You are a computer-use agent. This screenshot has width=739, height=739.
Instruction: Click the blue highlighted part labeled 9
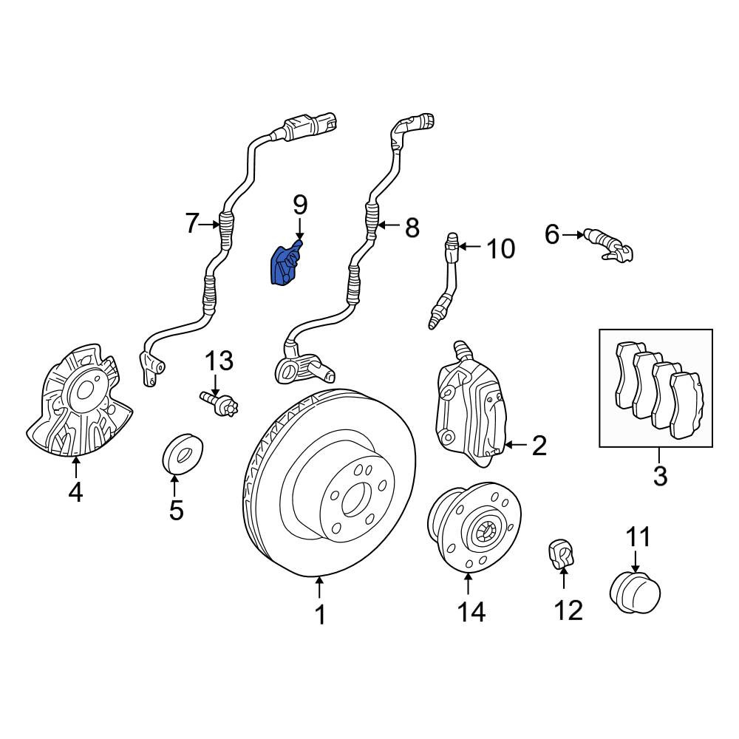click(285, 265)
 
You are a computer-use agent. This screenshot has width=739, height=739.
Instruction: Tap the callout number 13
click(219, 361)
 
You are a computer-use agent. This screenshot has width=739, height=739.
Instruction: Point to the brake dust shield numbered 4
click(79, 401)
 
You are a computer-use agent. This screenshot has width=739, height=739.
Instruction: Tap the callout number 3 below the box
click(660, 476)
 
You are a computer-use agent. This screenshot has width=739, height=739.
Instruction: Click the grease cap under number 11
click(634, 593)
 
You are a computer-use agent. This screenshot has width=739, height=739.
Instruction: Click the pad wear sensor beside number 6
click(608, 244)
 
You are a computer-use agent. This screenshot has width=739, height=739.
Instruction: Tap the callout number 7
click(191, 223)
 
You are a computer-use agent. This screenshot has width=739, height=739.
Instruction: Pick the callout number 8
click(412, 228)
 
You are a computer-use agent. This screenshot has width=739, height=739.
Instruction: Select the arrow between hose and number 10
click(469, 246)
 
